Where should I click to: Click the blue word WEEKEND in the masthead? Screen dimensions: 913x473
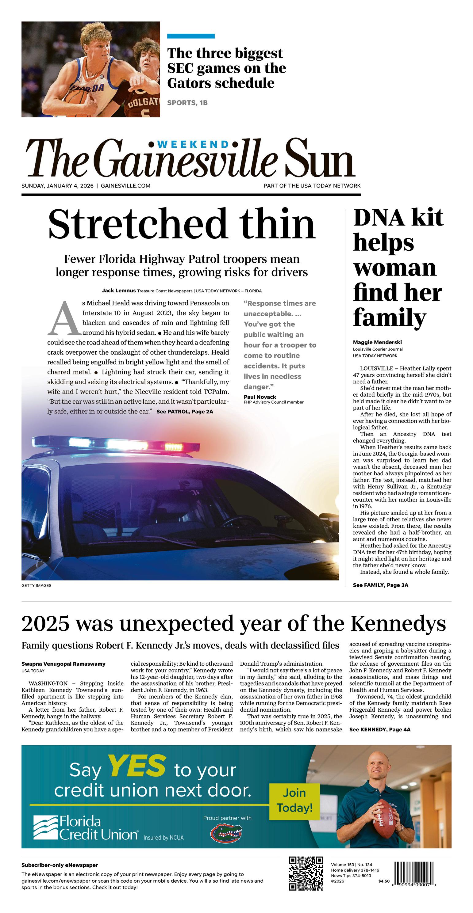click(193, 144)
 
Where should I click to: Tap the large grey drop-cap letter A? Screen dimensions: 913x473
click(64, 318)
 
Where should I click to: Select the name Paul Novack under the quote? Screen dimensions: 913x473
click(260, 397)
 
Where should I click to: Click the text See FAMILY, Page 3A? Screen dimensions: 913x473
click(380, 585)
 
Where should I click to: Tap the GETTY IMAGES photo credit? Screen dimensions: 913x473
click(36, 585)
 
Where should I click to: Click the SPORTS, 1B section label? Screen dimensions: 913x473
click(187, 103)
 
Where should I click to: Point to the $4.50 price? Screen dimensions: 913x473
click(383, 881)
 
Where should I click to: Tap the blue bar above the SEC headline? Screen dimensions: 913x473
click(191, 36)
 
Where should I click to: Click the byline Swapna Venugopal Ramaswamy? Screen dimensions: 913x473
click(63, 664)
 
